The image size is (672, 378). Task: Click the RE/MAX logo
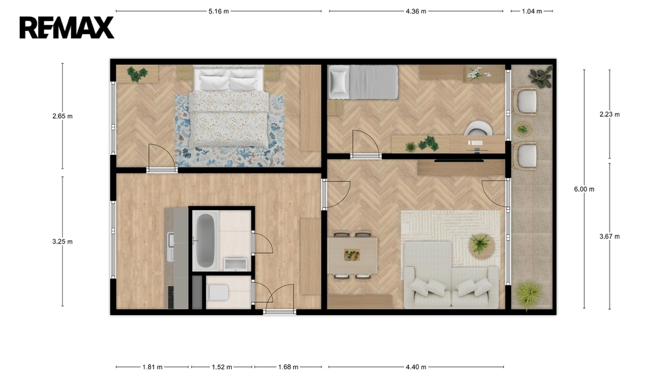pos(67,28)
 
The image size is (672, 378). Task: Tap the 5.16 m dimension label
pos(219,12)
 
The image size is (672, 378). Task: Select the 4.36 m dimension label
pos(415,12)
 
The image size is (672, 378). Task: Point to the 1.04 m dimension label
pos(532,12)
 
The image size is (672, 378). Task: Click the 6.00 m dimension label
pos(584,189)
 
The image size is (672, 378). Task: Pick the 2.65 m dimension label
pos(62,116)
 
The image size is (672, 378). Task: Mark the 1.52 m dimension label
pos(222,367)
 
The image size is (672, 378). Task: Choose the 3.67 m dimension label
pos(610,236)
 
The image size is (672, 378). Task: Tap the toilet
pos(218,293)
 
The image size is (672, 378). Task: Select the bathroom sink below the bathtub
pos(236,264)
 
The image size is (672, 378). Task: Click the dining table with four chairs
pos(352,256)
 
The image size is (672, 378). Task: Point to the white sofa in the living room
pos(451,276)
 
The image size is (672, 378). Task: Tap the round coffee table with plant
pos(482,245)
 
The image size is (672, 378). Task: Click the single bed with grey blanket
pos(363,82)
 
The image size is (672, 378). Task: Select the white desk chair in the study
pos(478,129)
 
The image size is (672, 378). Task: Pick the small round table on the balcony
pos(522,129)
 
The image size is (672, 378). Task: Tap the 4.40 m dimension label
pos(415,367)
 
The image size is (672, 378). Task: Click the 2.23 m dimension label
pos(610,114)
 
